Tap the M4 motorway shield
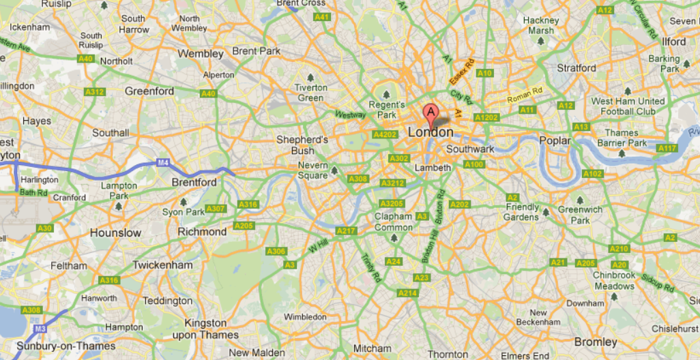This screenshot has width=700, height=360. pos(162,162)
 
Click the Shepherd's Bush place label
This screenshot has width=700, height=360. pos(302,145)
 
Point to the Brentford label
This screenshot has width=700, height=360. pos(194,182)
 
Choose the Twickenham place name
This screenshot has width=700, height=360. pos(162,265)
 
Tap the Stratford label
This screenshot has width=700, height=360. pos(577,68)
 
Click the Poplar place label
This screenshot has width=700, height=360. pos(555,140)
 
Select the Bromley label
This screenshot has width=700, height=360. pos(596,342)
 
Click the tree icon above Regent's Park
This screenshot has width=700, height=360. pos(386,94)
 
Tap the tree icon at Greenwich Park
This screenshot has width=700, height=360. pos(580,200)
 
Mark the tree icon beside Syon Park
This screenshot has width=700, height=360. pos(184,202)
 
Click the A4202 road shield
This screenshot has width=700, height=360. pos(384,135)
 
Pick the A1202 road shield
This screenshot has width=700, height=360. pos(486,118)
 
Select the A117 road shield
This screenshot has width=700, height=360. pos(667,148)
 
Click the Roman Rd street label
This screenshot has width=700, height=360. pos(524,95)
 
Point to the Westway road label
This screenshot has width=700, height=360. pos(350,115)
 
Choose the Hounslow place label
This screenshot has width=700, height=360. pos(115,232)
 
